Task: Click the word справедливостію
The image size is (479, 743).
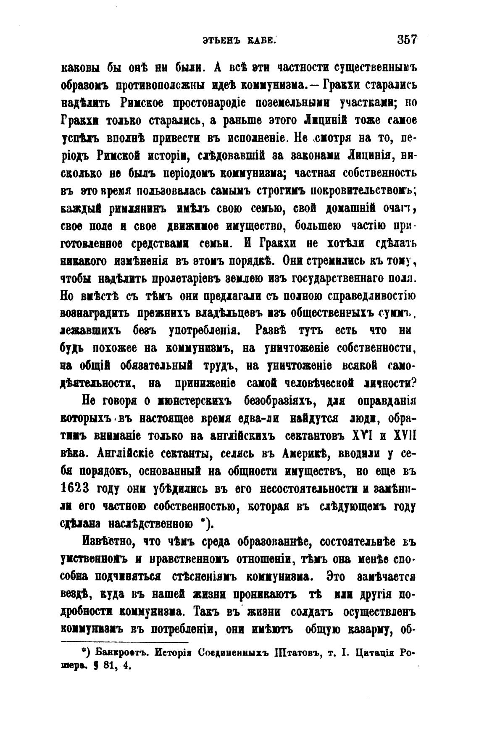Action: point(367,297)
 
